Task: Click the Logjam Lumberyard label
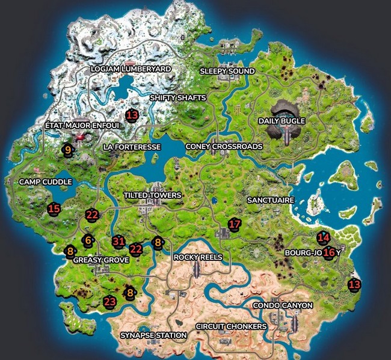coord(131,69)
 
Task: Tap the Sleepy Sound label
coord(227,72)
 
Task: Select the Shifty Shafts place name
coord(177,97)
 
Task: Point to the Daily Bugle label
coord(282,121)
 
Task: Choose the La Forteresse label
coord(132,147)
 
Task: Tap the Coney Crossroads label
coord(224,146)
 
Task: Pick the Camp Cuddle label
coord(46,182)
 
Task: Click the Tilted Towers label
coord(152,196)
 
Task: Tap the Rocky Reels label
coord(198,257)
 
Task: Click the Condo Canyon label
coord(283,305)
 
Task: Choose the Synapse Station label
coord(153,335)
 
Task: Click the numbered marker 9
coord(68,150)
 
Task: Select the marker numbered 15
coord(54,209)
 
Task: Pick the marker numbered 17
coord(235,224)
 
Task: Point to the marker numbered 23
coord(109,302)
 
